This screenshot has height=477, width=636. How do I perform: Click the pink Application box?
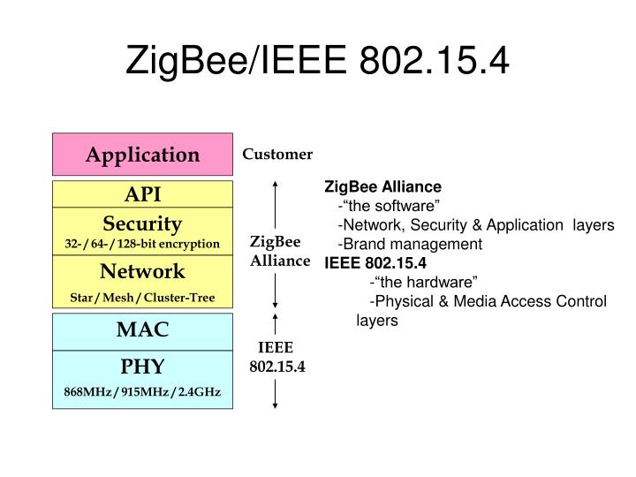click(143, 155)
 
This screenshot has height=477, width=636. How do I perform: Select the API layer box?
click(143, 194)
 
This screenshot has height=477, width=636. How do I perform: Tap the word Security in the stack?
click(143, 223)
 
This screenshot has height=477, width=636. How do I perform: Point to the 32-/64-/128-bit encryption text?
click(143, 243)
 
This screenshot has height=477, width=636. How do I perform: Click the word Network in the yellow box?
click(143, 271)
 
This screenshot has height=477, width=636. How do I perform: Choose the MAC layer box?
click(143, 331)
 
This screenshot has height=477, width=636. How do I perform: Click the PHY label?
click(143, 366)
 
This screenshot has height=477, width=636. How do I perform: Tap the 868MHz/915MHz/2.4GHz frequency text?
click(143, 391)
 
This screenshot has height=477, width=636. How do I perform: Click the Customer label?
click(277, 155)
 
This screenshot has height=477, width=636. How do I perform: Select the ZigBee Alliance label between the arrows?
click(276, 252)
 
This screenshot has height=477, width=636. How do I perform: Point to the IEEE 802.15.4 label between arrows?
click(276, 357)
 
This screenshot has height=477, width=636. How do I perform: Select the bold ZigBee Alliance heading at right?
click(382, 187)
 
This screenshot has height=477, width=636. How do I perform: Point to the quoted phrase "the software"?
click(388, 206)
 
